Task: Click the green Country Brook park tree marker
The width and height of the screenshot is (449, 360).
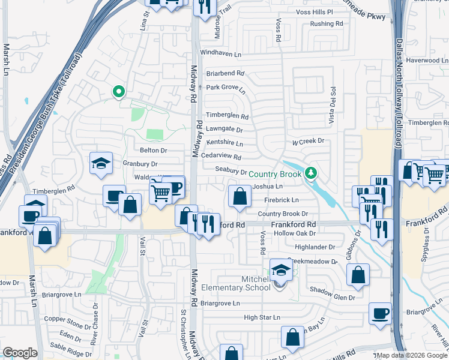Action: pyautogui.click(x=310, y=173)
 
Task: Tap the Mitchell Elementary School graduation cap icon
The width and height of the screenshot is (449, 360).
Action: pyautogui.click(x=280, y=270)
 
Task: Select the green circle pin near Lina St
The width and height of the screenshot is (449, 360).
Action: pyautogui.click(x=118, y=92)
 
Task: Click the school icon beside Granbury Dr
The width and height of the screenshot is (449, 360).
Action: pyautogui.click(x=101, y=163)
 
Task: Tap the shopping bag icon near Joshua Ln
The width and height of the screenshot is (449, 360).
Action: pyautogui.click(x=240, y=197)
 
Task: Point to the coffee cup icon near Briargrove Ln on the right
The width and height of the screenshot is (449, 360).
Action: pyautogui.click(x=381, y=314)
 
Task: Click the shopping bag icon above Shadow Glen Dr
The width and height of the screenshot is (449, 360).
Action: pyautogui.click(x=358, y=275)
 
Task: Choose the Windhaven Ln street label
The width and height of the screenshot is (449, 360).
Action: pyautogui.click(x=220, y=54)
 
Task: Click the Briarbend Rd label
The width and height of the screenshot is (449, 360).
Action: pyautogui.click(x=225, y=73)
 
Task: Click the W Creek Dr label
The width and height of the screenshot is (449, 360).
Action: pyautogui.click(x=308, y=141)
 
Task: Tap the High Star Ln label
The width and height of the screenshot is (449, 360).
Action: pyautogui.click(x=262, y=317)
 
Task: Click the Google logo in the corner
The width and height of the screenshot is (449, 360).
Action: pyautogui.click(x=20, y=353)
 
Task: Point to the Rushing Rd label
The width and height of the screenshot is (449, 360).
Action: pyautogui.click(x=326, y=24)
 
